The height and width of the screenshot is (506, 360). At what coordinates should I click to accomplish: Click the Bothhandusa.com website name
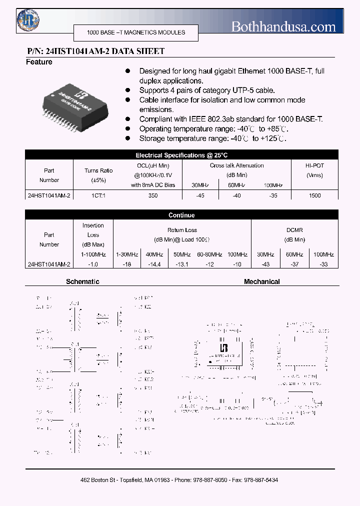click(x=283, y=27)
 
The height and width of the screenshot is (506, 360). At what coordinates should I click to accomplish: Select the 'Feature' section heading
click(x=39, y=62)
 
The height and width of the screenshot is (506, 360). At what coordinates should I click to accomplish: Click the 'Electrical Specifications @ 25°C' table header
click(x=181, y=155)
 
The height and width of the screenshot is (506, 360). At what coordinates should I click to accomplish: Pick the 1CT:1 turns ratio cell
click(x=98, y=195)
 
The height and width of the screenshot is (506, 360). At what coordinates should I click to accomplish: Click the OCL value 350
click(x=153, y=195)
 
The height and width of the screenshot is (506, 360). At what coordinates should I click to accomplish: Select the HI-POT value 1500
click(x=314, y=195)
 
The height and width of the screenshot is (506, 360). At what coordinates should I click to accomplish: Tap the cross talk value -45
click(x=200, y=195)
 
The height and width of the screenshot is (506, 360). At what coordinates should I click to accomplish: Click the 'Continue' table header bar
click(x=181, y=215)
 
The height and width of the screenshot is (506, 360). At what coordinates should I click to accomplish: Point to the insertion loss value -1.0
click(x=93, y=264)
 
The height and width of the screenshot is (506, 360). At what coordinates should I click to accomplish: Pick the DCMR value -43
click(x=265, y=264)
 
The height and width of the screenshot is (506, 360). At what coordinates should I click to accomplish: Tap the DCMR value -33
click(x=323, y=264)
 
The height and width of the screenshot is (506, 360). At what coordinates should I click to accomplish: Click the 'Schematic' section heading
click(x=82, y=282)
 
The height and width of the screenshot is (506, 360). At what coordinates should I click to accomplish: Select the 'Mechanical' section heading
click(x=261, y=282)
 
